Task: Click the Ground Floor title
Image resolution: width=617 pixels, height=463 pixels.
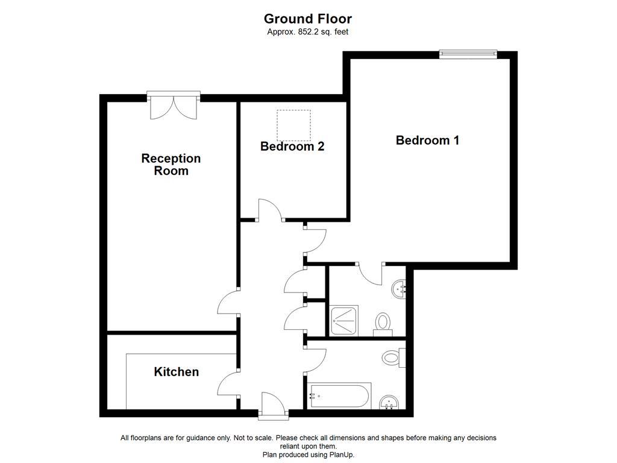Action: coord(308,19)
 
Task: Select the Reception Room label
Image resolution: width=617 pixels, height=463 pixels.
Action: coord(171,165)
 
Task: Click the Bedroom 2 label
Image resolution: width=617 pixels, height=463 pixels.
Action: coord(292,146)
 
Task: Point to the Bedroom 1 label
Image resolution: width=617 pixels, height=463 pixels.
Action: coord(427,140)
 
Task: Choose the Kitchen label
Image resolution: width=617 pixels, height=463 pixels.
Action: coord(176,372)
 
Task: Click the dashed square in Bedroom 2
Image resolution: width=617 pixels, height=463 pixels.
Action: coord(293,125)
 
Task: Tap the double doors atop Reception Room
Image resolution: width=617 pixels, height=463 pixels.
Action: coord(174,107)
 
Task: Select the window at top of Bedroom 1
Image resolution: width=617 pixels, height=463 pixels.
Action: coord(468,54)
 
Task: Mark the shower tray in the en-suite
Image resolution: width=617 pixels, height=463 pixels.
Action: coord(344,320)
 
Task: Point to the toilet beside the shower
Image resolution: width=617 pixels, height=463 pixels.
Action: coord(383,323)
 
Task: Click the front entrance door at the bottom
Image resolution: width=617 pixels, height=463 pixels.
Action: coord(273,405)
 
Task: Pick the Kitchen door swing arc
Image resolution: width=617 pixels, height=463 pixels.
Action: coord(228,383)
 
